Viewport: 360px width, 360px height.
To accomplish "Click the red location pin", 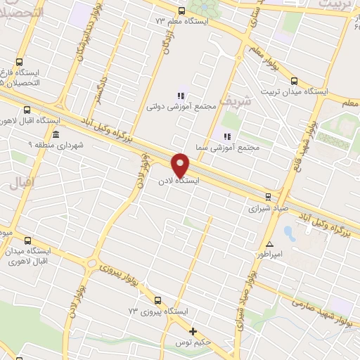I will (181, 164).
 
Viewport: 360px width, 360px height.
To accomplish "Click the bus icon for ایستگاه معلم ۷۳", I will (181, 11).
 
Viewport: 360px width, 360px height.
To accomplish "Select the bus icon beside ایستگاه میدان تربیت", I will (294, 80).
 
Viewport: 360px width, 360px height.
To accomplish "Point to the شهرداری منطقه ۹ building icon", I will (56, 134).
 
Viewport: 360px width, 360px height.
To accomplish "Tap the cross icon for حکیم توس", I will (193, 331).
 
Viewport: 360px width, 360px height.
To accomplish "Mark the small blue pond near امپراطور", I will (288, 231).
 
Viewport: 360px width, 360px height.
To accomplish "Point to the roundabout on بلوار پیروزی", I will (93, 264).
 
